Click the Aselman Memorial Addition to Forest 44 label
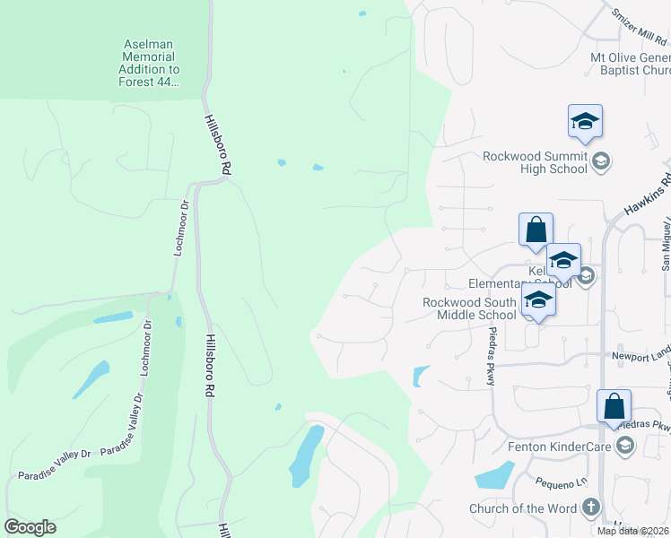tap(149, 63)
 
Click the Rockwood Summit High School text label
tap(535, 162)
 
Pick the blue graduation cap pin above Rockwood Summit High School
tap(585, 123)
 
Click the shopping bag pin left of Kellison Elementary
tap(536, 230)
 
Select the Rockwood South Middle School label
tap(469, 308)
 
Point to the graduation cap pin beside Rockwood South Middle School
tap(538, 300)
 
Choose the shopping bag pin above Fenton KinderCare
tap(614, 406)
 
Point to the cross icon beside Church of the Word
tap(590, 508)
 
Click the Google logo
tap(30, 527)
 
